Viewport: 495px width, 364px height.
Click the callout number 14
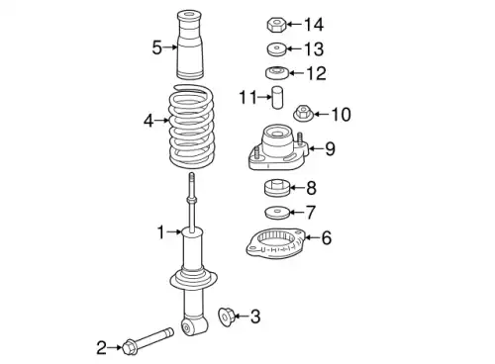[313, 24]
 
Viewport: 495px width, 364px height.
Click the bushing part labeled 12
[278, 73]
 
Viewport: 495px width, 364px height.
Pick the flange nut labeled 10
[302, 115]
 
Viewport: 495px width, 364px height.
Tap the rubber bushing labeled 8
[277, 188]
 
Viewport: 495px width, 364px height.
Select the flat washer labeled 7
[277, 212]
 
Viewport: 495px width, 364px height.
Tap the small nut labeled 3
[224, 317]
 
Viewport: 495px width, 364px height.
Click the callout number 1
[159, 232]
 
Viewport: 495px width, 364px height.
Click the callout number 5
[156, 45]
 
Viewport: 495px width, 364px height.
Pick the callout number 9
[330, 149]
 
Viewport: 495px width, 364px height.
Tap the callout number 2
[101, 346]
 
